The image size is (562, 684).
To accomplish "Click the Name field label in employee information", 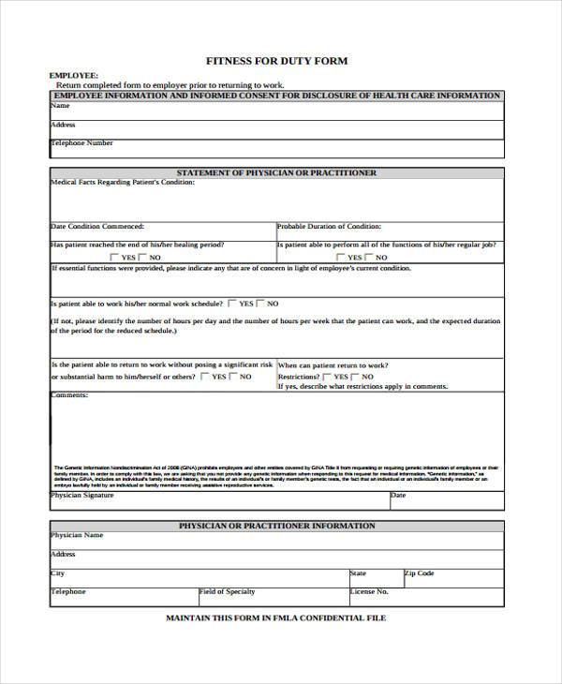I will [59, 105].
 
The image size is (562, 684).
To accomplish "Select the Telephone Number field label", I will [81, 143].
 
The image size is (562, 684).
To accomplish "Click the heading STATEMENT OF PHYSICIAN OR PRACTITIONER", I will [276, 173].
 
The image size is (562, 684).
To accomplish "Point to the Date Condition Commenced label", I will [97, 226].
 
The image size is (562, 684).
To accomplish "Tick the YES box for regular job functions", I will [342, 257].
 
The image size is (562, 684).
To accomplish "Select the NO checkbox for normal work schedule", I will [261, 304].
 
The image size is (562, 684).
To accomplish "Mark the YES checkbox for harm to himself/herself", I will [205, 377].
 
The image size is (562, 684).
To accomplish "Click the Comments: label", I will [68, 394].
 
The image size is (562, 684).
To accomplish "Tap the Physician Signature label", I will [82, 495].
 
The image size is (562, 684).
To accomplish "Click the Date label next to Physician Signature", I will [398, 495].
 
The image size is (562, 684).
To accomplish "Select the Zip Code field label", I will [419, 572].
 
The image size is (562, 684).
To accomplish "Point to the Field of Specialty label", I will [229, 592].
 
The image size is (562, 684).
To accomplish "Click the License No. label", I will [369, 592].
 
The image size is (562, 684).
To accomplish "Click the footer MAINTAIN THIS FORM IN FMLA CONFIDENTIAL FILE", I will [275, 618].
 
